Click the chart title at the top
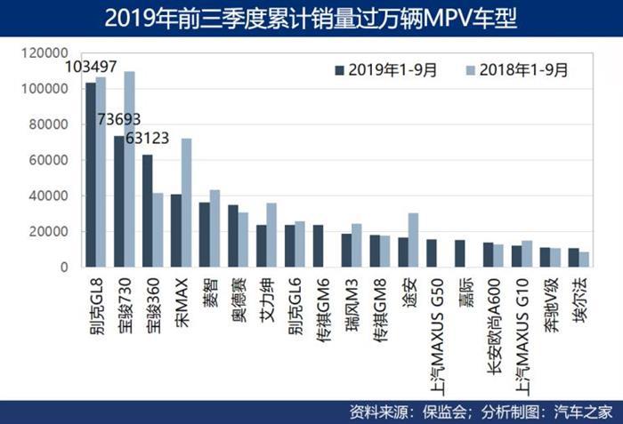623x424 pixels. (x=311, y=18)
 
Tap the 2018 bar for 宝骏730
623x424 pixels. (x=129, y=169)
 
